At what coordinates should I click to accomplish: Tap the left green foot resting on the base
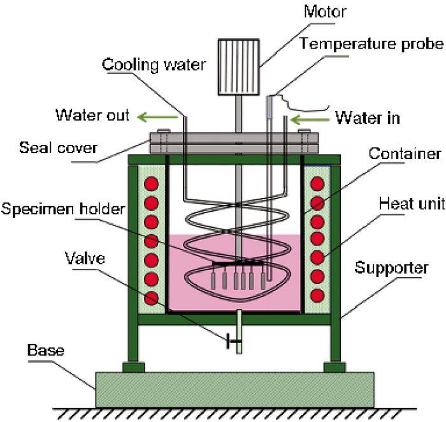coord(134,368)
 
